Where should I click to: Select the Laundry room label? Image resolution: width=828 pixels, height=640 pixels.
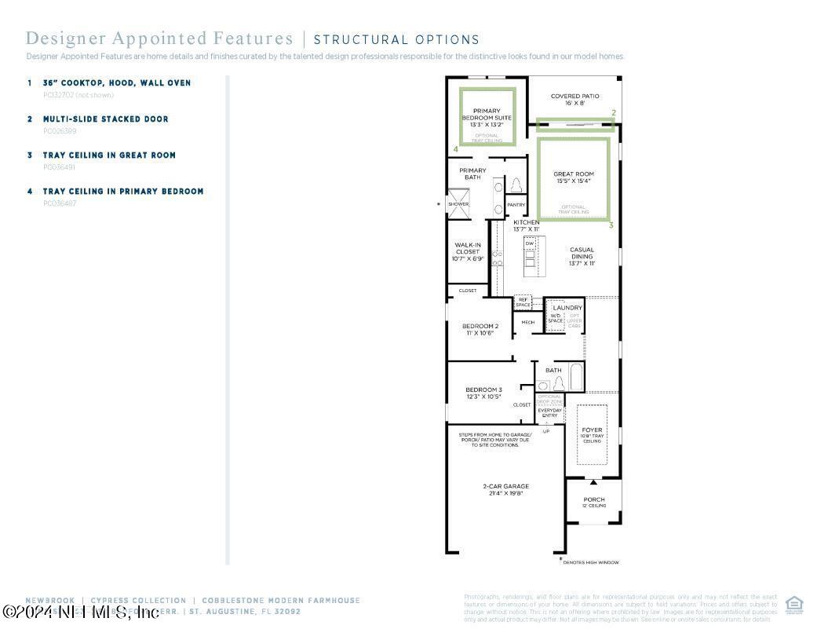click(x=567, y=308)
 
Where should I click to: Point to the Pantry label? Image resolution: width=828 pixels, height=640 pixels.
click(x=516, y=205)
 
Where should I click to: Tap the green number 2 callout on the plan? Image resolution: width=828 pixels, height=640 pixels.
click(x=614, y=113)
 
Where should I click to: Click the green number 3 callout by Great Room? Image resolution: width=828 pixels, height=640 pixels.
click(x=611, y=225)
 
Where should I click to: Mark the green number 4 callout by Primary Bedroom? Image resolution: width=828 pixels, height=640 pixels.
click(x=455, y=148)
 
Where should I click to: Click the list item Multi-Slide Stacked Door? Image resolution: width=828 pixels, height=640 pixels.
click(x=105, y=119)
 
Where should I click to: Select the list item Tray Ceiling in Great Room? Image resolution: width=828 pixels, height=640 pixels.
click(x=109, y=155)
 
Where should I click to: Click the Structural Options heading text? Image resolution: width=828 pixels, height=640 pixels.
click(x=396, y=39)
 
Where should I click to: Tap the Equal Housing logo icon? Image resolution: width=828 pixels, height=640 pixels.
click(x=794, y=604)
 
